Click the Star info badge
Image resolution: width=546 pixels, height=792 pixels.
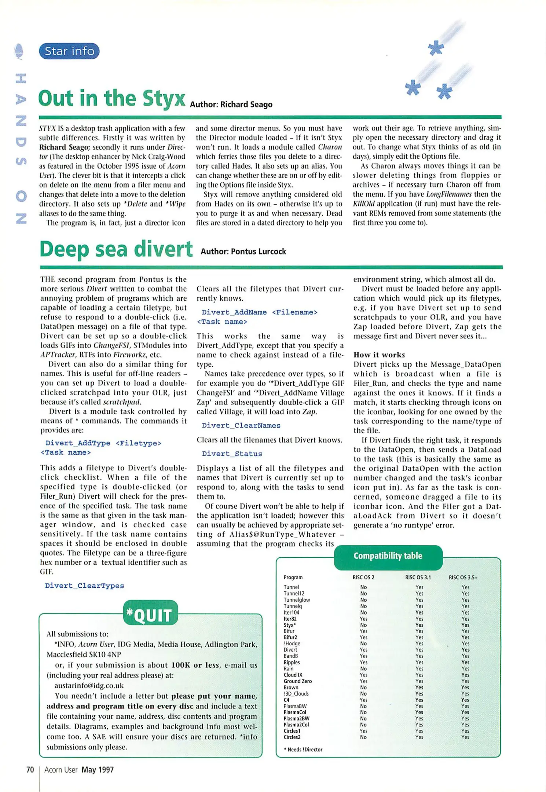tap(69, 51)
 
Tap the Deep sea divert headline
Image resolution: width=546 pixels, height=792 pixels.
tap(116, 249)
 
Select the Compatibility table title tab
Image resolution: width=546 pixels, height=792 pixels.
tap(388, 556)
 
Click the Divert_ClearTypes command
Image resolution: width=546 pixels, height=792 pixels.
tap(84, 586)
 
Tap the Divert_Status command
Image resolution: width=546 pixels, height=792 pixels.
tap(232, 454)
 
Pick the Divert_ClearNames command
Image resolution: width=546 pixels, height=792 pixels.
tap(241, 425)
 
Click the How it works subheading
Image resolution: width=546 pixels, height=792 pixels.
tap(379, 355)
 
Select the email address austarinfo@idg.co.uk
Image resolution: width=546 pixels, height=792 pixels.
tap(89, 685)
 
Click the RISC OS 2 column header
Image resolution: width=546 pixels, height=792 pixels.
tap(363, 577)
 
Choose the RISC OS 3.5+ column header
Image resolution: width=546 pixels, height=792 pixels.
tap(463, 577)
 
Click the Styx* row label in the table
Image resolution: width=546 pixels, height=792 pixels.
tap(290, 625)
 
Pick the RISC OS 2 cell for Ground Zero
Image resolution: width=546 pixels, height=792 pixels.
tap(363, 681)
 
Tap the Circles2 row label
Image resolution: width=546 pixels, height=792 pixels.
tap(292, 737)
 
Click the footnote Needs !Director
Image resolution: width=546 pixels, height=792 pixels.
tap(303, 749)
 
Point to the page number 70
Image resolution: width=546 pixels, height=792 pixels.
tap(30, 770)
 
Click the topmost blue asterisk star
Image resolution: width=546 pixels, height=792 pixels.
tap(436, 48)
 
